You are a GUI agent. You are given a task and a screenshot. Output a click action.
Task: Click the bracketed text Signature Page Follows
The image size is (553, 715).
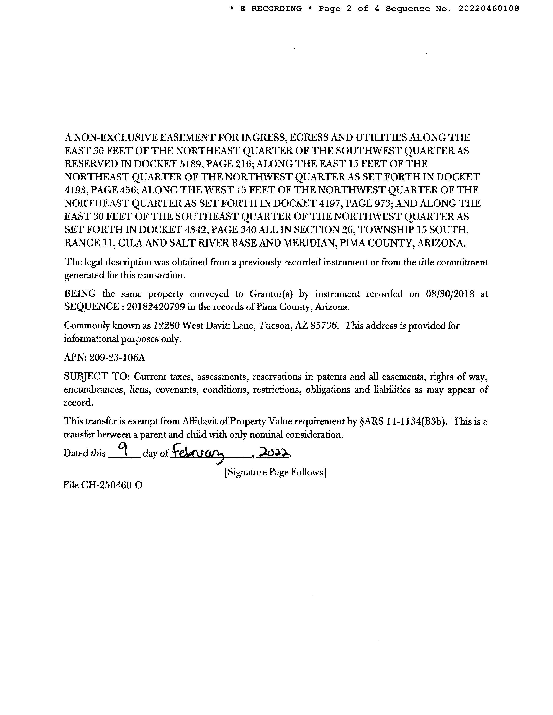pyautogui.click(x=275, y=472)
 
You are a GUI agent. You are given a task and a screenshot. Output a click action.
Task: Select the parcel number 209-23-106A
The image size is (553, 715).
pyautogui.click(x=117, y=357)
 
